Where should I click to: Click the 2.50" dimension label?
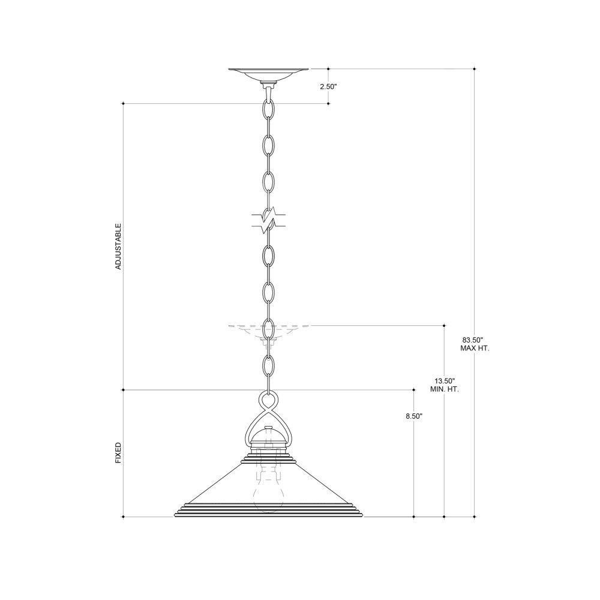(x=328, y=87)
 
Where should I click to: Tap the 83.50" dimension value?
(x=473, y=340)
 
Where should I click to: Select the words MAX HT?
(x=475, y=349)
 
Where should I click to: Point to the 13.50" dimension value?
(x=444, y=381)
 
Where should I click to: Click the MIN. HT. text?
(x=445, y=389)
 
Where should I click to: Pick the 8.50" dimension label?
(x=414, y=416)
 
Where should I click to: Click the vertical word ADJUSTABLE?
(x=118, y=247)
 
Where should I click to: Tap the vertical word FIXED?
(x=118, y=453)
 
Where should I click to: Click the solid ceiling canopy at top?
(x=269, y=74)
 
